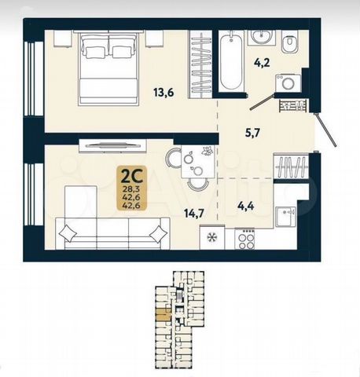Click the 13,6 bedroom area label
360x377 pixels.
coord(164,93)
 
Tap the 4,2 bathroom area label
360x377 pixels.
coord(261,63)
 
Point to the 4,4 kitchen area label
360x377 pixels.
coord(245,206)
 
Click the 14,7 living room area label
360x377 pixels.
coord(193,214)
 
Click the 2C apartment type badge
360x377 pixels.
coord(131,188)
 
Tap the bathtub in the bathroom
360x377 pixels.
coord(231,61)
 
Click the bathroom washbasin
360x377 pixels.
coord(263,37)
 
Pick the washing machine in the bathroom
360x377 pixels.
coord(288,83)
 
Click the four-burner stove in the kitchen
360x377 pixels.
coord(244,239)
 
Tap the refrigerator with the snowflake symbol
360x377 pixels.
coord(211,237)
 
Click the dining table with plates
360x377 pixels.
coord(198,161)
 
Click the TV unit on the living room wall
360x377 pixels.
coord(112,145)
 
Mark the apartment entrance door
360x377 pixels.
coord(326,130)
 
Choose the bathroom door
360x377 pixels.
coord(262,101)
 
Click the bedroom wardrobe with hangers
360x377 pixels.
coord(201,64)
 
